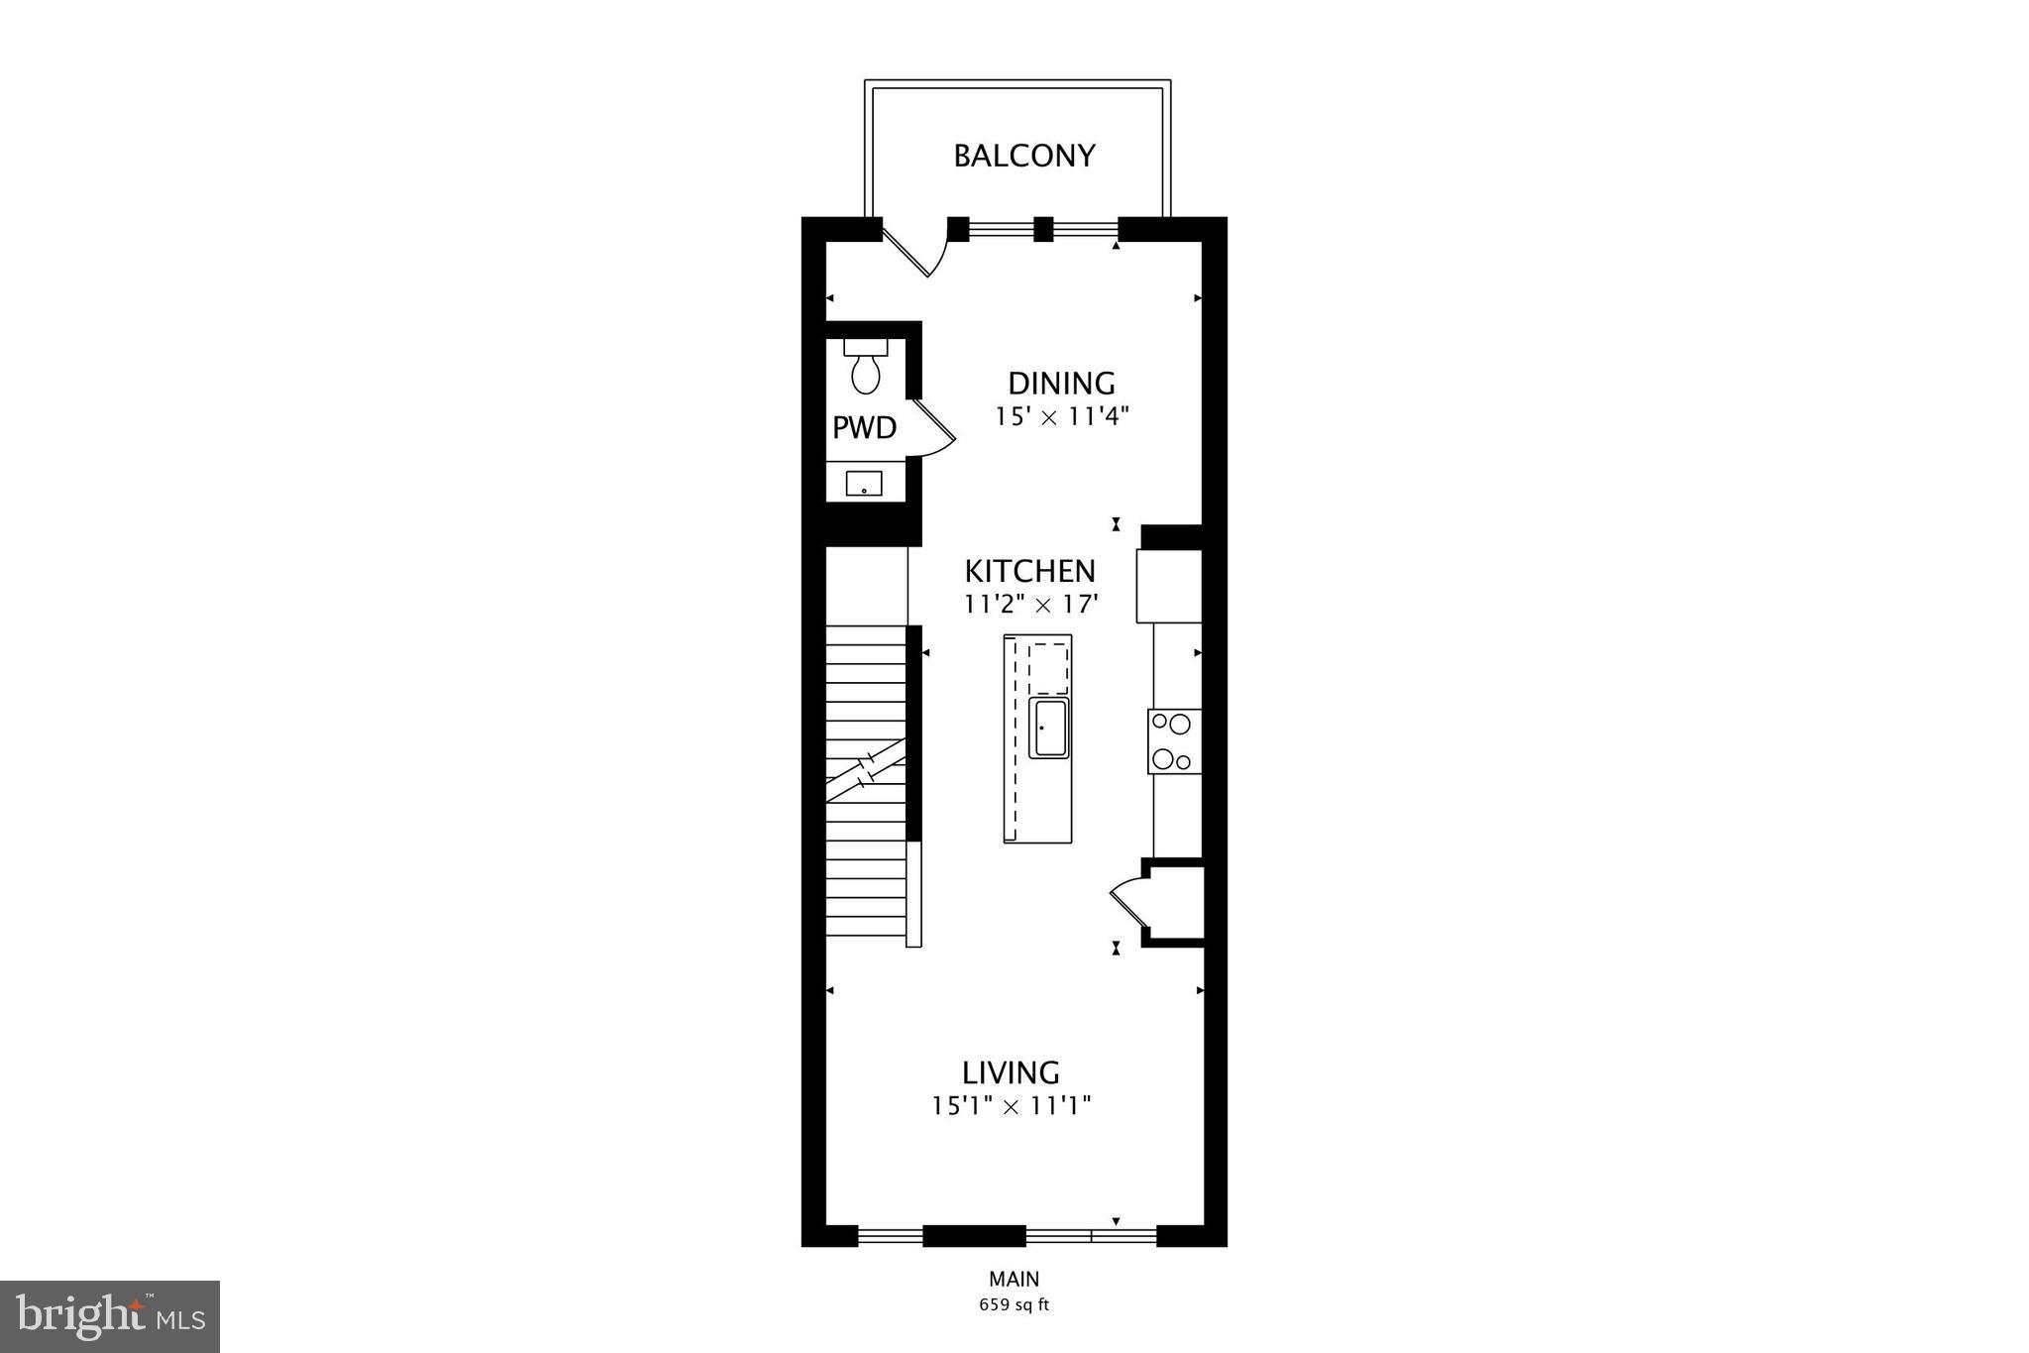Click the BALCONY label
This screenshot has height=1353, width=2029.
1023,157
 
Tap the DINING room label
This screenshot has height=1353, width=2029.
1061,384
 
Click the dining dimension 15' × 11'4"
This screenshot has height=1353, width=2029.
1062,416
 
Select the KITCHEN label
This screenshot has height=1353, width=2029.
1030,572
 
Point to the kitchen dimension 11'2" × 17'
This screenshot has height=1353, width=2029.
1030,604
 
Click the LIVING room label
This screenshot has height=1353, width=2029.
1011,1072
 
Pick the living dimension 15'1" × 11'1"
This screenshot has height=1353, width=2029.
1011,1105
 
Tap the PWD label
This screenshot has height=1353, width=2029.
864,428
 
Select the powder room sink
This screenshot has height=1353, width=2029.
864,484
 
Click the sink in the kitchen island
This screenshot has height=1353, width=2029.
1048,729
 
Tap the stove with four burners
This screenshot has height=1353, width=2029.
1174,741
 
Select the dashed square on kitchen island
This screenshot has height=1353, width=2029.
1048,668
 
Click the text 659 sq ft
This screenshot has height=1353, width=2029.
1014,1305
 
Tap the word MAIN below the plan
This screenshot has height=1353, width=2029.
1014,1280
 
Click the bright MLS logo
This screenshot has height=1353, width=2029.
110,1316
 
